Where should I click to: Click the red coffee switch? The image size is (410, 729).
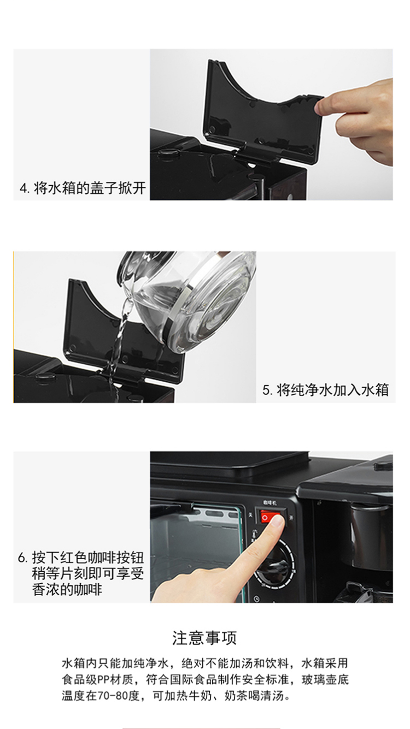pyautogui.click(x=270, y=516)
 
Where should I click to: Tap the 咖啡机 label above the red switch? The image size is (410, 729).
pyautogui.click(x=270, y=503)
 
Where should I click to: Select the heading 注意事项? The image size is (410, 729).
pyautogui.click(x=204, y=638)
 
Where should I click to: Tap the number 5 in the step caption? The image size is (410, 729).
pyautogui.click(x=266, y=390)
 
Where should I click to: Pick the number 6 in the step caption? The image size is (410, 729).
pyautogui.click(x=21, y=558)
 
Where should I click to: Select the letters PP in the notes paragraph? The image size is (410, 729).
pyautogui.click(x=104, y=679)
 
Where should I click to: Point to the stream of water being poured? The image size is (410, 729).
pyautogui.click(x=118, y=345)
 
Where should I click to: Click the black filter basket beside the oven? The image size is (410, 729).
pyautogui.click(x=372, y=527)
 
